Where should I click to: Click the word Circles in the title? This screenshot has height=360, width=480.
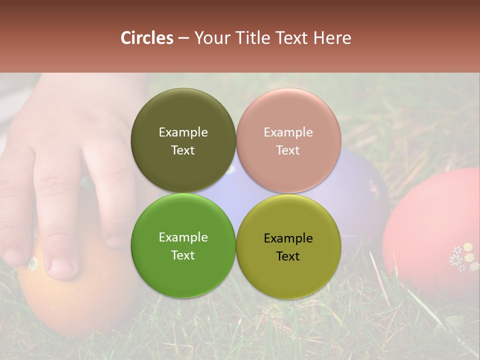pos(146,38)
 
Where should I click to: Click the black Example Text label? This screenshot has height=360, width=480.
pos(288,247)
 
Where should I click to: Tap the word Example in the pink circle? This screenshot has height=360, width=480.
pos(288,132)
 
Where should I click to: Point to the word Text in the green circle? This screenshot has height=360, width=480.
pos(183,255)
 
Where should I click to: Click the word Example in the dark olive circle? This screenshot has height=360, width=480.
pos(183,132)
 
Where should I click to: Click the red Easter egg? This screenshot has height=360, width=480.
pos(430,225)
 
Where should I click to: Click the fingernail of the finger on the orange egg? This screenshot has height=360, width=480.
pos(62,267)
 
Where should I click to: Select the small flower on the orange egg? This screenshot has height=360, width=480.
pos(33,263)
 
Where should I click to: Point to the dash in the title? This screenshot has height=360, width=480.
pos(183,38)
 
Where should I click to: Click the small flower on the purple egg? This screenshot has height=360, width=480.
pos(374,188)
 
